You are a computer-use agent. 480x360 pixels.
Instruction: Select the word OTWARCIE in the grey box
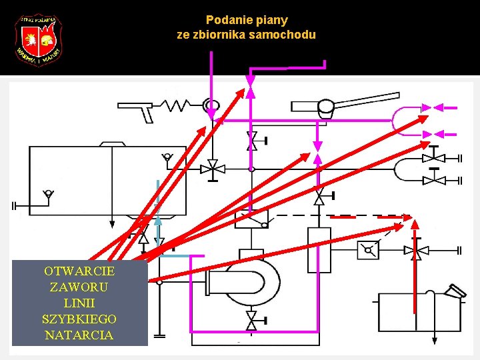coord(79,271)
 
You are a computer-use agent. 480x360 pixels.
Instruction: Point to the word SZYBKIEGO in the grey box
coord(79,319)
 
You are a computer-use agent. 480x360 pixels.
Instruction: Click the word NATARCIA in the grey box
coord(79,335)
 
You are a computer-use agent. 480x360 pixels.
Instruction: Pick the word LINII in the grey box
coord(79,303)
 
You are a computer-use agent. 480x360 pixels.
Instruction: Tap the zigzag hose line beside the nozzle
coord(179,105)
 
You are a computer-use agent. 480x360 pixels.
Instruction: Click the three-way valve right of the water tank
coord(213,169)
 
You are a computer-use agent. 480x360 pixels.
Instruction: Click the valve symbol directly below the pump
coord(251,321)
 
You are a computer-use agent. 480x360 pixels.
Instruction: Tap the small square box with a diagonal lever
coord(368,251)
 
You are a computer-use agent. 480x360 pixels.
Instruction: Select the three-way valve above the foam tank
coord(417,251)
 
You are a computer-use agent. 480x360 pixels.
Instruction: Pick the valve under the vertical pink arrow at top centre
coord(251,141)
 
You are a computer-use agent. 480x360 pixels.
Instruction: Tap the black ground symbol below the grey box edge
coord(159,335)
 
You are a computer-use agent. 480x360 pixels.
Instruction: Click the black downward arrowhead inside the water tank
coord(112,223)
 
